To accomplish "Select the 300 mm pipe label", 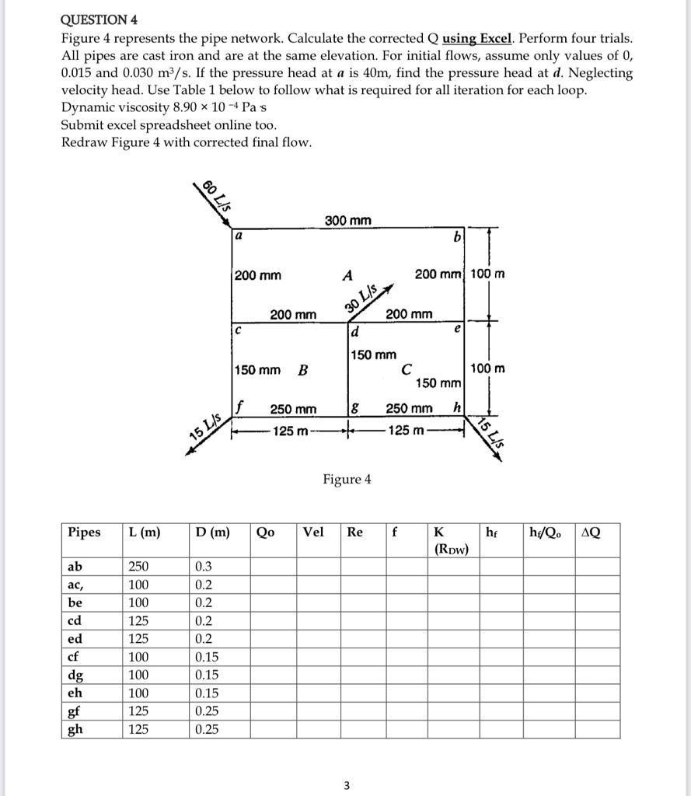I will [347, 221].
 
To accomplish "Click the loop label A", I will [347, 274].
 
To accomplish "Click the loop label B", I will [302, 369].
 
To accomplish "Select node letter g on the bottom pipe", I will [355, 407].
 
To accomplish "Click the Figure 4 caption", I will [347, 479].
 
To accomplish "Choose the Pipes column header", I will [84, 532].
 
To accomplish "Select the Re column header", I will [354, 532].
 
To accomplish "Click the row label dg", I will [76, 675].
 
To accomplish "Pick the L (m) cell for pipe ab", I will [139, 567].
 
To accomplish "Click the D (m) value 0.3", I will [203, 567].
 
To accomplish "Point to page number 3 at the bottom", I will [347, 786].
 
